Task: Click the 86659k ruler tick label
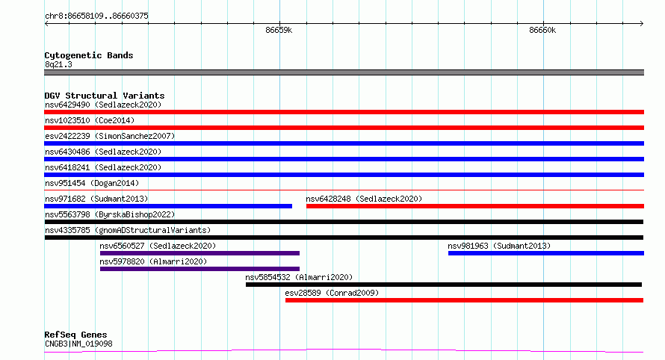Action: coord(279,30)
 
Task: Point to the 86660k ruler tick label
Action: coord(542,30)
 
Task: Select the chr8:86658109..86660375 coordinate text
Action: coord(96,16)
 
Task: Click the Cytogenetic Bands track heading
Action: coord(89,55)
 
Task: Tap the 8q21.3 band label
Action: coord(58,64)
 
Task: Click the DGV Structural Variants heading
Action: coord(105,96)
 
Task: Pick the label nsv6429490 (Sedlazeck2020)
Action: coord(103,105)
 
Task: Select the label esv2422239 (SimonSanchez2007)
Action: coord(110,136)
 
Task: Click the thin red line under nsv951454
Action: coord(344,190)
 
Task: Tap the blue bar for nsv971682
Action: coord(168,206)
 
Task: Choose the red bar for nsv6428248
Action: coord(475,206)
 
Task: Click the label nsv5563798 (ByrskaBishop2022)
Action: coord(110,214)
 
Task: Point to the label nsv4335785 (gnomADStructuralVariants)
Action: coord(128,230)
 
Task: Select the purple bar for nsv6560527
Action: coord(199,253)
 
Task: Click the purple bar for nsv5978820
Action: coord(199,269)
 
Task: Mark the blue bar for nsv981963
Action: coord(546,253)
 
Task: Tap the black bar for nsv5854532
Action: coord(444,285)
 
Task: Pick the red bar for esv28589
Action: coord(465,300)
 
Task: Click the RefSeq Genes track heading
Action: coord(75,335)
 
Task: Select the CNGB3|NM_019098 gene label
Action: coord(78,344)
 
